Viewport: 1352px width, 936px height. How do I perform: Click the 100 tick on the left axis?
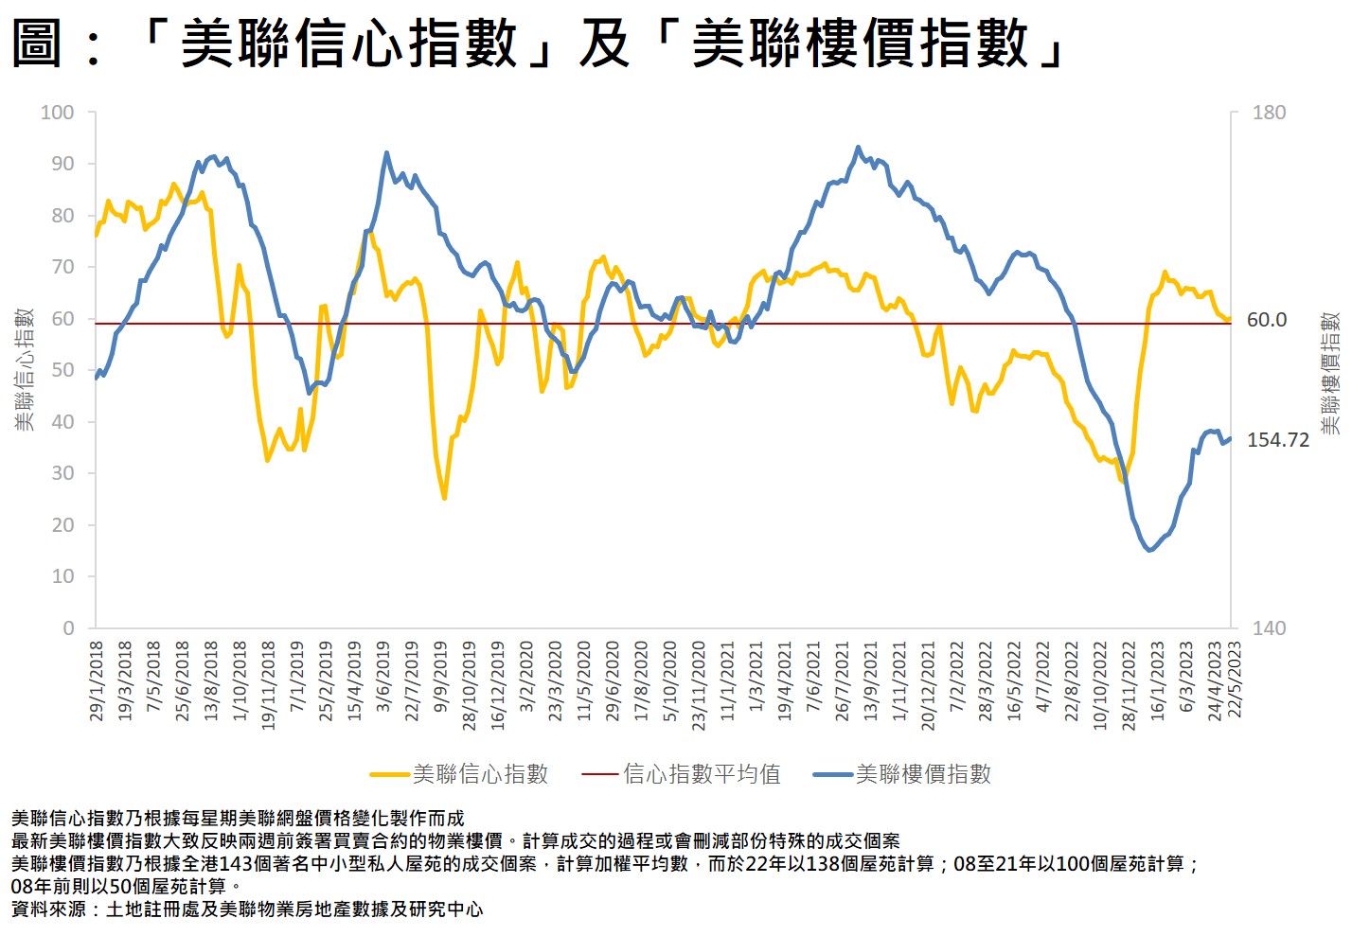[57, 113]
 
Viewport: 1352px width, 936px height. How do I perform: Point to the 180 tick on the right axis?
[1269, 113]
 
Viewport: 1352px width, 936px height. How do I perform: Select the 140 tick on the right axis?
[1269, 627]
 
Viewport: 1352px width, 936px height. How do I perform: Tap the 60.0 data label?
[1266, 320]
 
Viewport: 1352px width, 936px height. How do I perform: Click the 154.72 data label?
[1277, 440]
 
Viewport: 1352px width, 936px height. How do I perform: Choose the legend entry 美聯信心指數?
[480, 774]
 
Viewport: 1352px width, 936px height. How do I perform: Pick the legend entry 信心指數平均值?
[702, 774]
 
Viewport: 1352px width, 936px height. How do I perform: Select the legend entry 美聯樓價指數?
[923, 774]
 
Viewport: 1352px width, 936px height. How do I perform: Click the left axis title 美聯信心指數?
[25, 369]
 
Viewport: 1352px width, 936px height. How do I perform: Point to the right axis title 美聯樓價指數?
[1330, 373]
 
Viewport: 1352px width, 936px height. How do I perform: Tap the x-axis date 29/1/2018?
[97, 681]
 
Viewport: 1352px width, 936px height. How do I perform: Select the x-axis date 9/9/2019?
[440, 681]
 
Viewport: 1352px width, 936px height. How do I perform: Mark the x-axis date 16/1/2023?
[1157, 681]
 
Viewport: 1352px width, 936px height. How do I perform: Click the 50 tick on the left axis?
[62, 370]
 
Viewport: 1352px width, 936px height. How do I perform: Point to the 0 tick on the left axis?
[68, 627]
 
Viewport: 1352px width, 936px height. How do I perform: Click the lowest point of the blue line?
[1150, 550]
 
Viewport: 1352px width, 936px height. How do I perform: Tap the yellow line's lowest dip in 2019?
[444, 498]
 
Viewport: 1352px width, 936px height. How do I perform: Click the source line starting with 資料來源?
[247, 910]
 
